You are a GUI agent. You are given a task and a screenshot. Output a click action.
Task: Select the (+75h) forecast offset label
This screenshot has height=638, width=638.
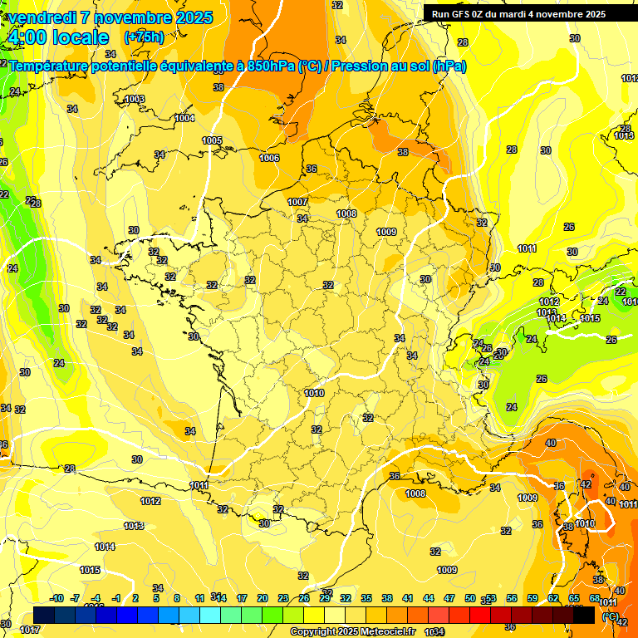(144, 37)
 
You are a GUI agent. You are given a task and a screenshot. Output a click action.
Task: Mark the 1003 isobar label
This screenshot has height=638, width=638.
(135, 100)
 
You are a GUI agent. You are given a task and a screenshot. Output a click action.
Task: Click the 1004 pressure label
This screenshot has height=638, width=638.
(184, 119)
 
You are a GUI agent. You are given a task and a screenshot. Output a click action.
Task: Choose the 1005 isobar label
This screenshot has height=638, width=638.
(212, 141)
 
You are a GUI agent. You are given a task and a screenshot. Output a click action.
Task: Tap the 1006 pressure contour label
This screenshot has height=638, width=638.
(269, 158)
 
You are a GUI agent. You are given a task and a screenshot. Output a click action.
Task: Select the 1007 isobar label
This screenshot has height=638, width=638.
(297, 202)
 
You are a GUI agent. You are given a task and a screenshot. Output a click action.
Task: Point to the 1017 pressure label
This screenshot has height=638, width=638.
(30, 631)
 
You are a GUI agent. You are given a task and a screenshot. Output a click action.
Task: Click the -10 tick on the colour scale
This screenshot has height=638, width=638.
(56, 599)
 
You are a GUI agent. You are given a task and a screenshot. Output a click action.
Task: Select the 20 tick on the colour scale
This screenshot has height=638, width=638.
(263, 599)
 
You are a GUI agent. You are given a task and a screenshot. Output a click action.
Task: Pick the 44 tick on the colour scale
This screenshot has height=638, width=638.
(429, 599)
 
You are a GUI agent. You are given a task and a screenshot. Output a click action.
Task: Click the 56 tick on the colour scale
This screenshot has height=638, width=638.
(512, 599)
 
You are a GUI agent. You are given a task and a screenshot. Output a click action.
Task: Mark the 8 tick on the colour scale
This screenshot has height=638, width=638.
(177, 599)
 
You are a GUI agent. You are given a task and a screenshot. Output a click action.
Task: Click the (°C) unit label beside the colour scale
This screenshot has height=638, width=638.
(611, 617)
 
